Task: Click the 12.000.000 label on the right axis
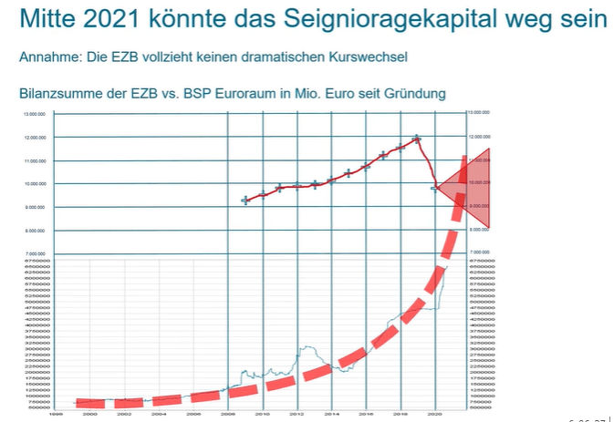[480, 136]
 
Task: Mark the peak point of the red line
[417, 139]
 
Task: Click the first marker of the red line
[245, 200]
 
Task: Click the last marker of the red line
[435, 188]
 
